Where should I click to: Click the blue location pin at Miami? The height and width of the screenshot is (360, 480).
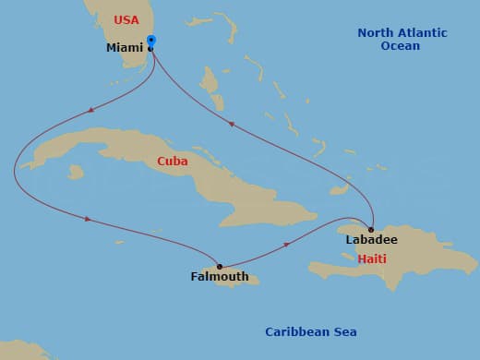pos(151,42)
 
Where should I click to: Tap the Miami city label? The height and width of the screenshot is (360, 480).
pos(125,48)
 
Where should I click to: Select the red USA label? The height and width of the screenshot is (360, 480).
pos(126,19)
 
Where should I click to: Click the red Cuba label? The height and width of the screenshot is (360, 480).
pos(172,162)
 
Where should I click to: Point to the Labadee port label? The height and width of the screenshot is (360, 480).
pos(371,240)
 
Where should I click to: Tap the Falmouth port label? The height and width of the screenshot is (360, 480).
pos(219,276)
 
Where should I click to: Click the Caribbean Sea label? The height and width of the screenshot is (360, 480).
pos(310,332)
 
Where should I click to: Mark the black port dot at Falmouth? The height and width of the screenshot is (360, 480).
pos(219,267)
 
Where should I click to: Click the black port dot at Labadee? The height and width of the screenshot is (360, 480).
pos(371,230)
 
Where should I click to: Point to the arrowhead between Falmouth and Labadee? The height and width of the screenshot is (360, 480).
pos(288,245)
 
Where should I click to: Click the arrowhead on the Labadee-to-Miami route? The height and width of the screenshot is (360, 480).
pos(231,124)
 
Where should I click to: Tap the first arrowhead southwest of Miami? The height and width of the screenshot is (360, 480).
pos(90,110)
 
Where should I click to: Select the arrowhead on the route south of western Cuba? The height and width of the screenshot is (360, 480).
pos(88,220)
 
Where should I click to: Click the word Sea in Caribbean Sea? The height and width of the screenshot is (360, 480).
pos(344,332)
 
